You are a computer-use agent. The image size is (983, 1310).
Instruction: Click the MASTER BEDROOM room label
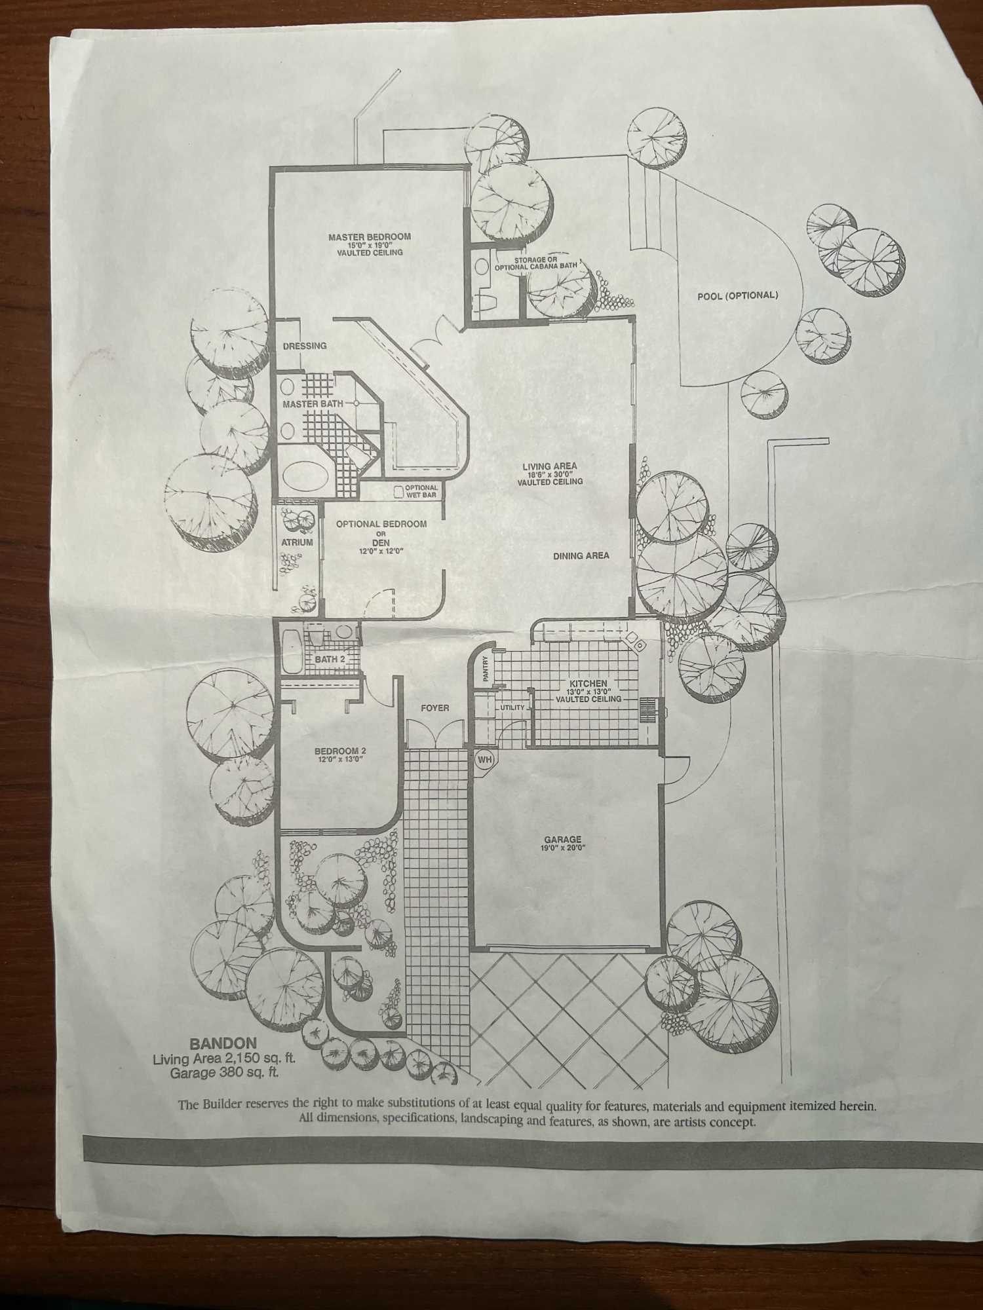[x=370, y=236]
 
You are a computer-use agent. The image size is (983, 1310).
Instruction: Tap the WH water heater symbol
[x=484, y=760]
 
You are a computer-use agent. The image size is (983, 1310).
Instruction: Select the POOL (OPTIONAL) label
[x=737, y=295]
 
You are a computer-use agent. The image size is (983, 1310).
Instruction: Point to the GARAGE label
[x=562, y=840]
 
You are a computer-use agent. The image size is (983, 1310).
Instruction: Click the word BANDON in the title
[x=214, y=1043]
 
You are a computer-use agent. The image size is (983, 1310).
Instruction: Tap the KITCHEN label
[x=588, y=684]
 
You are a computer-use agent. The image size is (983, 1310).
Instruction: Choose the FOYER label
[x=435, y=708]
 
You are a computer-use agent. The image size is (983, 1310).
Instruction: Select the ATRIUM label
[x=297, y=542]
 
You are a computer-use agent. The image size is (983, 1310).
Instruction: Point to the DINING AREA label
[x=581, y=556]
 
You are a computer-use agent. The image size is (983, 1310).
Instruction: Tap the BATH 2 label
[x=330, y=659]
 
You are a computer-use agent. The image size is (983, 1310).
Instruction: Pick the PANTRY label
[x=486, y=669]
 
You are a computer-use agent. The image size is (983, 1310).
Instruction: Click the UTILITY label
[x=512, y=708]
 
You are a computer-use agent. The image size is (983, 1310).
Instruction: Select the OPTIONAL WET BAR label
[x=421, y=491]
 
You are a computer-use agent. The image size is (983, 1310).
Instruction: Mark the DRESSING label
[x=305, y=346]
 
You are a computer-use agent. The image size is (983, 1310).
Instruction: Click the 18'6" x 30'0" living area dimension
[x=550, y=474]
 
